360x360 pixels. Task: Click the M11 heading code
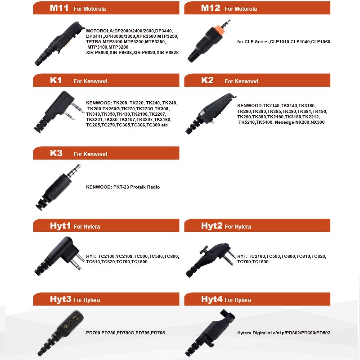(59, 8)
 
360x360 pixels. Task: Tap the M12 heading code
(210, 8)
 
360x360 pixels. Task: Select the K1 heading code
(56, 81)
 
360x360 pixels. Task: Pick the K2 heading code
(207, 81)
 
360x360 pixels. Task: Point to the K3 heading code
(56, 153)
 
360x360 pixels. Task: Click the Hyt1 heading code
(60, 226)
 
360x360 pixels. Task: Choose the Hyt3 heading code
(60, 299)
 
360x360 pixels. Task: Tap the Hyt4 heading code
(212, 299)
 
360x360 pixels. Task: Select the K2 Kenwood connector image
(209, 112)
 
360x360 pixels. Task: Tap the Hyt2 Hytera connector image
(209, 259)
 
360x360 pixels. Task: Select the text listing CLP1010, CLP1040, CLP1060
(283, 42)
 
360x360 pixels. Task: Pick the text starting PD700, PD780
(126, 333)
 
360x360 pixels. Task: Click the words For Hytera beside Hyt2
(238, 227)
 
